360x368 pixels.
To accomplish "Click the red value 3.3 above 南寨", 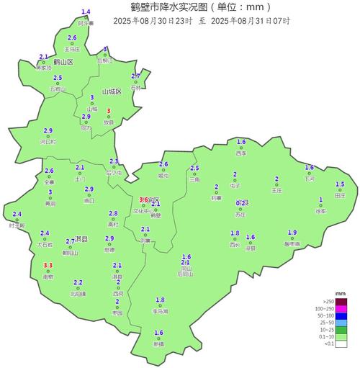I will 48,266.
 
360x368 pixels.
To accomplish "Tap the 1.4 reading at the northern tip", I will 86,12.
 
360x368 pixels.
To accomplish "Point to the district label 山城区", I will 112,92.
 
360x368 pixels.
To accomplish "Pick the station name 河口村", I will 49,142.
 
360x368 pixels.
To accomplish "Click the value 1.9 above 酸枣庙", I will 292,232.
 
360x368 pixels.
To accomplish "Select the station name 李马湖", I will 160,311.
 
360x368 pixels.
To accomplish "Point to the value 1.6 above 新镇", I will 158,332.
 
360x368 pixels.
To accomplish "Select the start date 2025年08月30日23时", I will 153,21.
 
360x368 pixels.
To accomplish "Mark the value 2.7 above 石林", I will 135,76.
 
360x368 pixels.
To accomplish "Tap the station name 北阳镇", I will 78,294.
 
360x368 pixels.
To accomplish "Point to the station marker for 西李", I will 241,148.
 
